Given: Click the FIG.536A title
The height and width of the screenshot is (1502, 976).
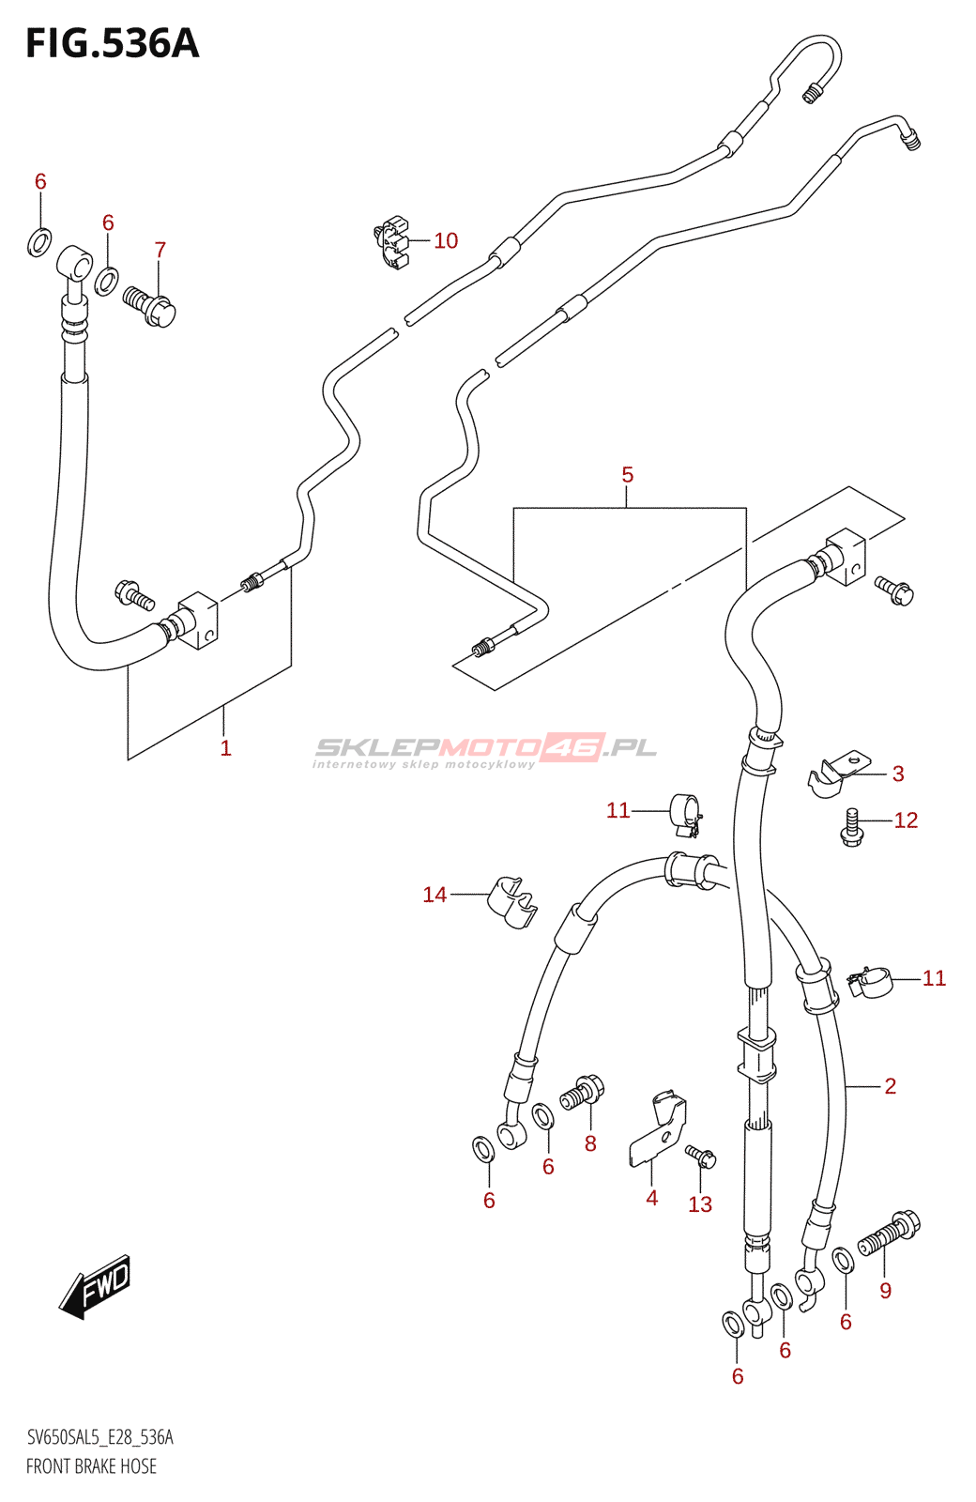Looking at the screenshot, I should click(113, 43).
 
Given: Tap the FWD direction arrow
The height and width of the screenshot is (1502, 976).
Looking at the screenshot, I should click(96, 1285).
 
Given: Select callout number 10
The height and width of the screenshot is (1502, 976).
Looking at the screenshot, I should click(446, 241).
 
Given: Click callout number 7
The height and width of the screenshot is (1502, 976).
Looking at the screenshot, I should click(160, 251).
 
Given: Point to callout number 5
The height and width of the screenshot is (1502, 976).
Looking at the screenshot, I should click(628, 476).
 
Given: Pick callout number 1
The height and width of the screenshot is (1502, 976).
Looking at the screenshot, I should click(225, 748).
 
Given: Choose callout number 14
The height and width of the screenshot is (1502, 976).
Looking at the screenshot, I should click(435, 896).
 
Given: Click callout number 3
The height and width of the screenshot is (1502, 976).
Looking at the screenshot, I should click(898, 774).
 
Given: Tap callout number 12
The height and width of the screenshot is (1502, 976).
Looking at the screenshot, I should click(906, 820).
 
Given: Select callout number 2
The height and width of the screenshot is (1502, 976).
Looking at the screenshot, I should click(891, 1087).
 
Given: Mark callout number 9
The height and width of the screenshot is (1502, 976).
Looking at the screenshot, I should click(886, 1291).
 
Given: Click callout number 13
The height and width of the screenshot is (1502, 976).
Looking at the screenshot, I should click(700, 1205).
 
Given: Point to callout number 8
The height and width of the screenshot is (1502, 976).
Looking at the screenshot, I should click(590, 1143).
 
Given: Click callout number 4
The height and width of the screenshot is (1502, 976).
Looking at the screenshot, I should click(652, 1198).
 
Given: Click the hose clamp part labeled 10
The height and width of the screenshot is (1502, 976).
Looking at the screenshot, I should click(394, 242).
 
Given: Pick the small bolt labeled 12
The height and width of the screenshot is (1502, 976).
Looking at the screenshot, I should click(851, 827).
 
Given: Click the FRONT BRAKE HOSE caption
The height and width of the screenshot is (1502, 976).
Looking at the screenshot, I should click(92, 1466).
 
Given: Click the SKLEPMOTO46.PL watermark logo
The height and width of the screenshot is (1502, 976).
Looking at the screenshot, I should click(485, 749).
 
